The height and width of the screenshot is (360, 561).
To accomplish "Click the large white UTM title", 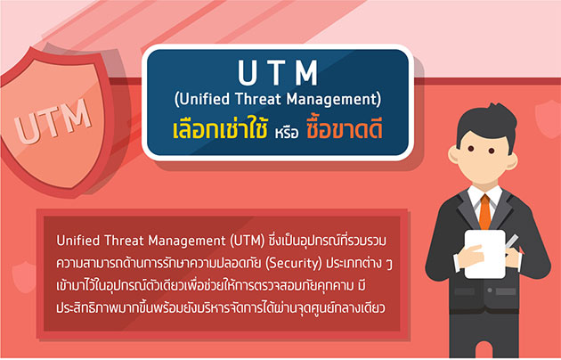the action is pos(278,73).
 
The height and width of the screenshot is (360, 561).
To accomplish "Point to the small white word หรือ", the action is pos(287,133).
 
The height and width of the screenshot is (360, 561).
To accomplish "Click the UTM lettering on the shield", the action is pos(52,121).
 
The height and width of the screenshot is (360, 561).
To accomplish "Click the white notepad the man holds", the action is pos(485,254).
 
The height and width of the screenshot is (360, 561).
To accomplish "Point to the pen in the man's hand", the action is pos(512,242).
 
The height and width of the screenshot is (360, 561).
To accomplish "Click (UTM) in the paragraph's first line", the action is pos(248,241).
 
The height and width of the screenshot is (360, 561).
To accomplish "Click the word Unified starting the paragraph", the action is pos(78,241).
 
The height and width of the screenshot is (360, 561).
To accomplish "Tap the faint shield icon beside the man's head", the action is pos(548,119).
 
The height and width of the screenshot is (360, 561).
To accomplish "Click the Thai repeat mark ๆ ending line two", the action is pos(389,265).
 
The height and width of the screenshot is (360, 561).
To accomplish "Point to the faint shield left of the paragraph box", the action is pos(24,276).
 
